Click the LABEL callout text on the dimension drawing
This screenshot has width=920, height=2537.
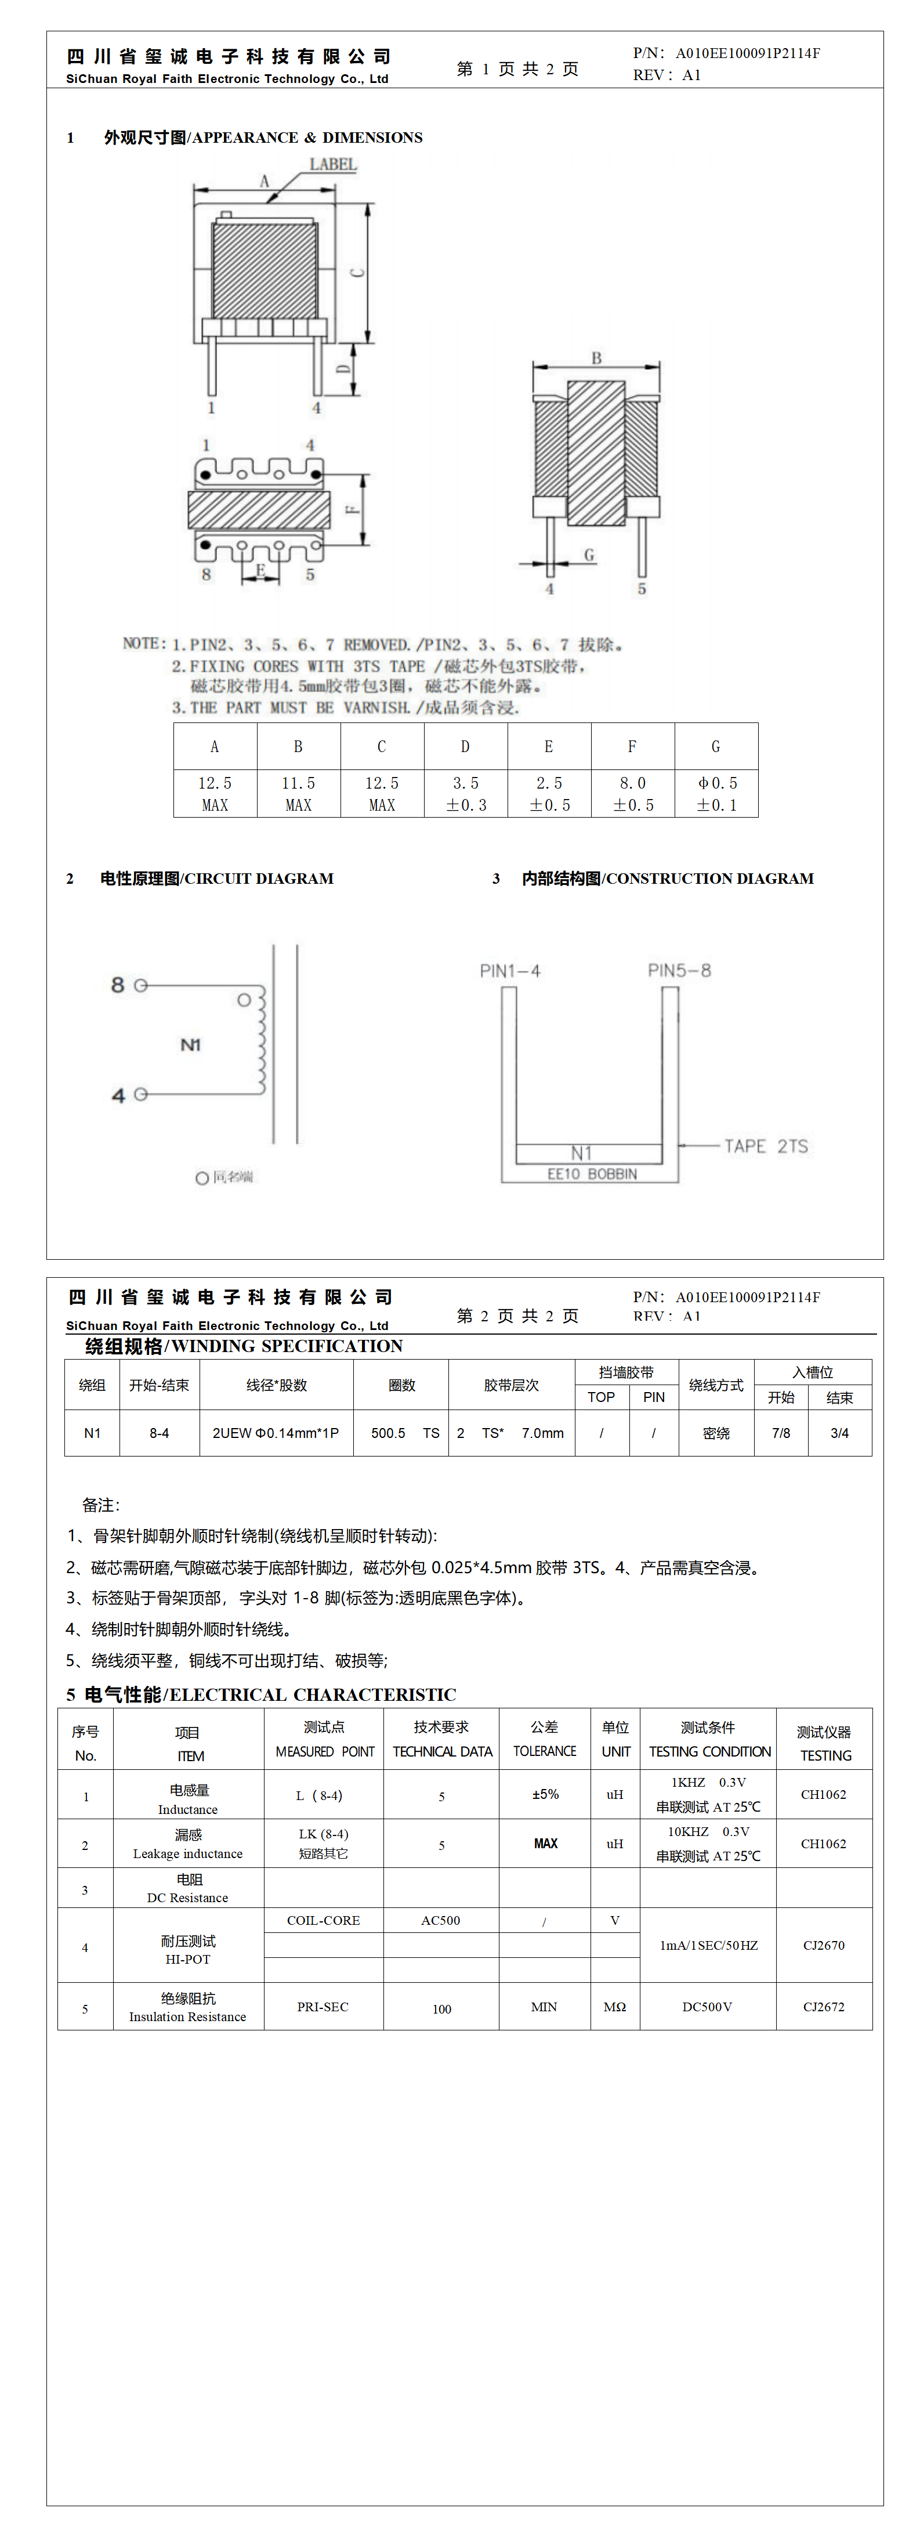[x=333, y=164]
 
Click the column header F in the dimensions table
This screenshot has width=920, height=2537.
[x=632, y=746]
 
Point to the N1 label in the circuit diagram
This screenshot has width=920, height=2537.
[x=190, y=1044]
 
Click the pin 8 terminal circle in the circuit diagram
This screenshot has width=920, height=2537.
[x=141, y=985]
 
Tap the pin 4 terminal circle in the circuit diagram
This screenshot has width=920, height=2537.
[x=141, y=1094]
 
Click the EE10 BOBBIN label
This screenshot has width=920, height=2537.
[x=592, y=1174]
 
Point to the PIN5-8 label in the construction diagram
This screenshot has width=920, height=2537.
[x=679, y=970]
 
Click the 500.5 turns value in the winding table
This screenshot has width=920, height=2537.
[x=388, y=1433]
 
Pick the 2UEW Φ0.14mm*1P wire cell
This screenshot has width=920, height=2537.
[x=276, y=1433]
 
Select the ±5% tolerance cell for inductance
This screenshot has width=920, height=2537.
[x=545, y=1794]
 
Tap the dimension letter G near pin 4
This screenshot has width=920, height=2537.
[x=589, y=555]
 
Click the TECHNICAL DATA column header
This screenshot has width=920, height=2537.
[x=442, y=1751]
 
